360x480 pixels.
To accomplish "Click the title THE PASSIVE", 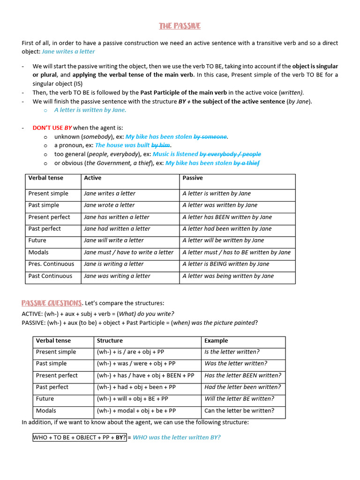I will point(180,26).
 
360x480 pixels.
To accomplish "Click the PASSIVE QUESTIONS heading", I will point(52,303).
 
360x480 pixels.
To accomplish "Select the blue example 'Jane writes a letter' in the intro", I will point(68,52).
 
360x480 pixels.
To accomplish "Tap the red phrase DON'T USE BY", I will point(52,127).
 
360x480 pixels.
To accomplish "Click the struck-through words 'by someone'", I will point(210,136).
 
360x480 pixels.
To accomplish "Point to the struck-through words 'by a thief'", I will point(247,163).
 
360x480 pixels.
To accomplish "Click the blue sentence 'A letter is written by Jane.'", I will point(90,110).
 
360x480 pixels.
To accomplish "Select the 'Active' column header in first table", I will point(92,178).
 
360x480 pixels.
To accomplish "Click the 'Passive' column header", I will point(193,178).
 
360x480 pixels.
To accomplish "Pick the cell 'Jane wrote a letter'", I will point(109,205).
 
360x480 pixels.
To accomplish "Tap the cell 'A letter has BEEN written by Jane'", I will point(227,217).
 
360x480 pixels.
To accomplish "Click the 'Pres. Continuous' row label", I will point(51,264).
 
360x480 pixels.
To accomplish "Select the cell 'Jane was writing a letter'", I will point(117,276).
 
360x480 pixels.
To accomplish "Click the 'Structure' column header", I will point(110,341).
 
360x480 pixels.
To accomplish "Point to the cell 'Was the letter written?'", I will point(236,363).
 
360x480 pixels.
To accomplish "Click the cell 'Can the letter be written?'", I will point(240,411).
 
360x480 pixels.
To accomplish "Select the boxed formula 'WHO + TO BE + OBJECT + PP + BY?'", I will point(79,437).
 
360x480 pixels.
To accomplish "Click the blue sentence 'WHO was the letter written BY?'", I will point(177,437).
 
